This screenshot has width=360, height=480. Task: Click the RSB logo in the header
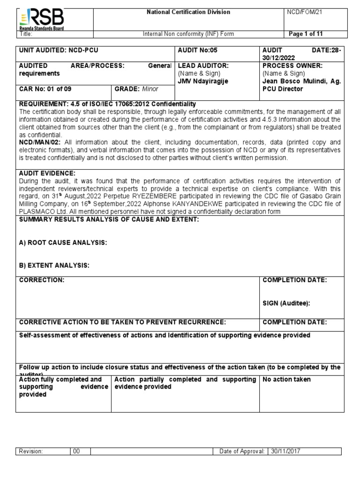tap(41, 19)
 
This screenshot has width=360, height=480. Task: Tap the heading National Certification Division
tap(188, 12)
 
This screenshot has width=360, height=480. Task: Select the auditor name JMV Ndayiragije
tap(201, 81)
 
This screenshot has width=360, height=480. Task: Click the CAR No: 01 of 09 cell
tap(45, 89)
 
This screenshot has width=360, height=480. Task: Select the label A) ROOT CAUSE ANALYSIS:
tap(63, 242)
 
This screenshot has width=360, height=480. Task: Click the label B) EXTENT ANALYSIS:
tap(54, 266)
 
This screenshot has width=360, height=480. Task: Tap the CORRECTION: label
tap(41, 280)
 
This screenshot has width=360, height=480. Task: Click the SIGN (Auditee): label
tap(286, 303)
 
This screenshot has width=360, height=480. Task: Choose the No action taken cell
tap(286, 379)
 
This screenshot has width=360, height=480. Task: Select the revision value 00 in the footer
tap(76, 451)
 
